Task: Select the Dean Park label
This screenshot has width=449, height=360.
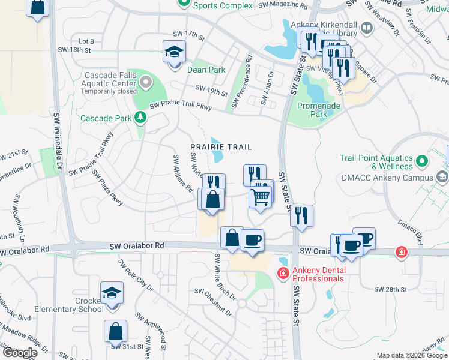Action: point(206,70)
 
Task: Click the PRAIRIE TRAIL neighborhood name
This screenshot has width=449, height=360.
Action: point(220,147)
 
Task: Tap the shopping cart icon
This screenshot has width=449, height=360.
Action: point(260,196)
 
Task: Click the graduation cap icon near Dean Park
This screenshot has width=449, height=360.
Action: point(174,52)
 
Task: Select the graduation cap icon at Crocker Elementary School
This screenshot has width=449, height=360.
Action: point(112,293)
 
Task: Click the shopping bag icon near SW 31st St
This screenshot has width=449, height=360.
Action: point(115,331)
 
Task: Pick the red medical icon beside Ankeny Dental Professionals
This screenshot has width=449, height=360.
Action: point(283,273)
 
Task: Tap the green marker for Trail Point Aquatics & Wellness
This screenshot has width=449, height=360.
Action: point(422,161)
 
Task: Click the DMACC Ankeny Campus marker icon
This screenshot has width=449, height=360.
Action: point(442,178)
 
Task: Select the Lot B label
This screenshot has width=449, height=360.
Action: point(86,41)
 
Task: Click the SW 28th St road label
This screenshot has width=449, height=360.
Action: point(391,289)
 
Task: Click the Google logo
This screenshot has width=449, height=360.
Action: point(20,353)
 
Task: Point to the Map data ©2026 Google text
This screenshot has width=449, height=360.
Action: point(411,355)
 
